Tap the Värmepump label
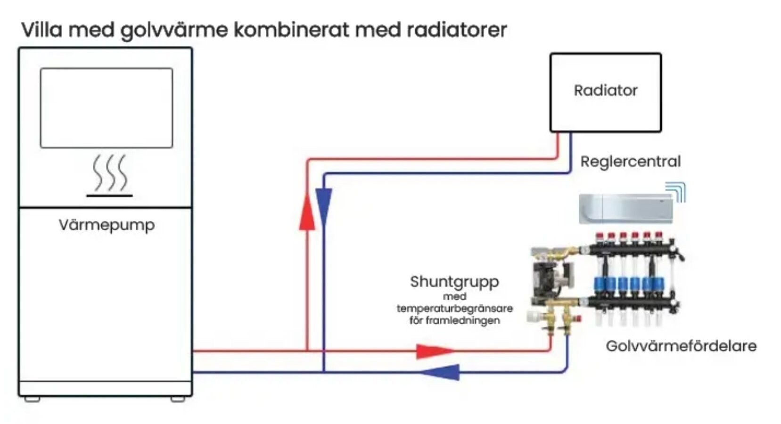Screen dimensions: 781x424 [x=107, y=225]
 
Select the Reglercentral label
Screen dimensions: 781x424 [x=630, y=162]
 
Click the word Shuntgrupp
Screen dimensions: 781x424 [x=455, y=282]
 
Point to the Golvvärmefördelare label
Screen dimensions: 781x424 [x=681, y=346]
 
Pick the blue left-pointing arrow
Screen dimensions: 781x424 [x=440, y=372]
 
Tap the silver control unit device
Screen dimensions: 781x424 [x=626, y=209]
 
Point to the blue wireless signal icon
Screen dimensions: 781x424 [x=676, y=192]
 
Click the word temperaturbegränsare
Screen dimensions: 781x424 [x=455, y=309]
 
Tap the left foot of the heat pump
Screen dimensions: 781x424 [x=32, y=399]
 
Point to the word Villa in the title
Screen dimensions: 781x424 [x=42, y=30]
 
